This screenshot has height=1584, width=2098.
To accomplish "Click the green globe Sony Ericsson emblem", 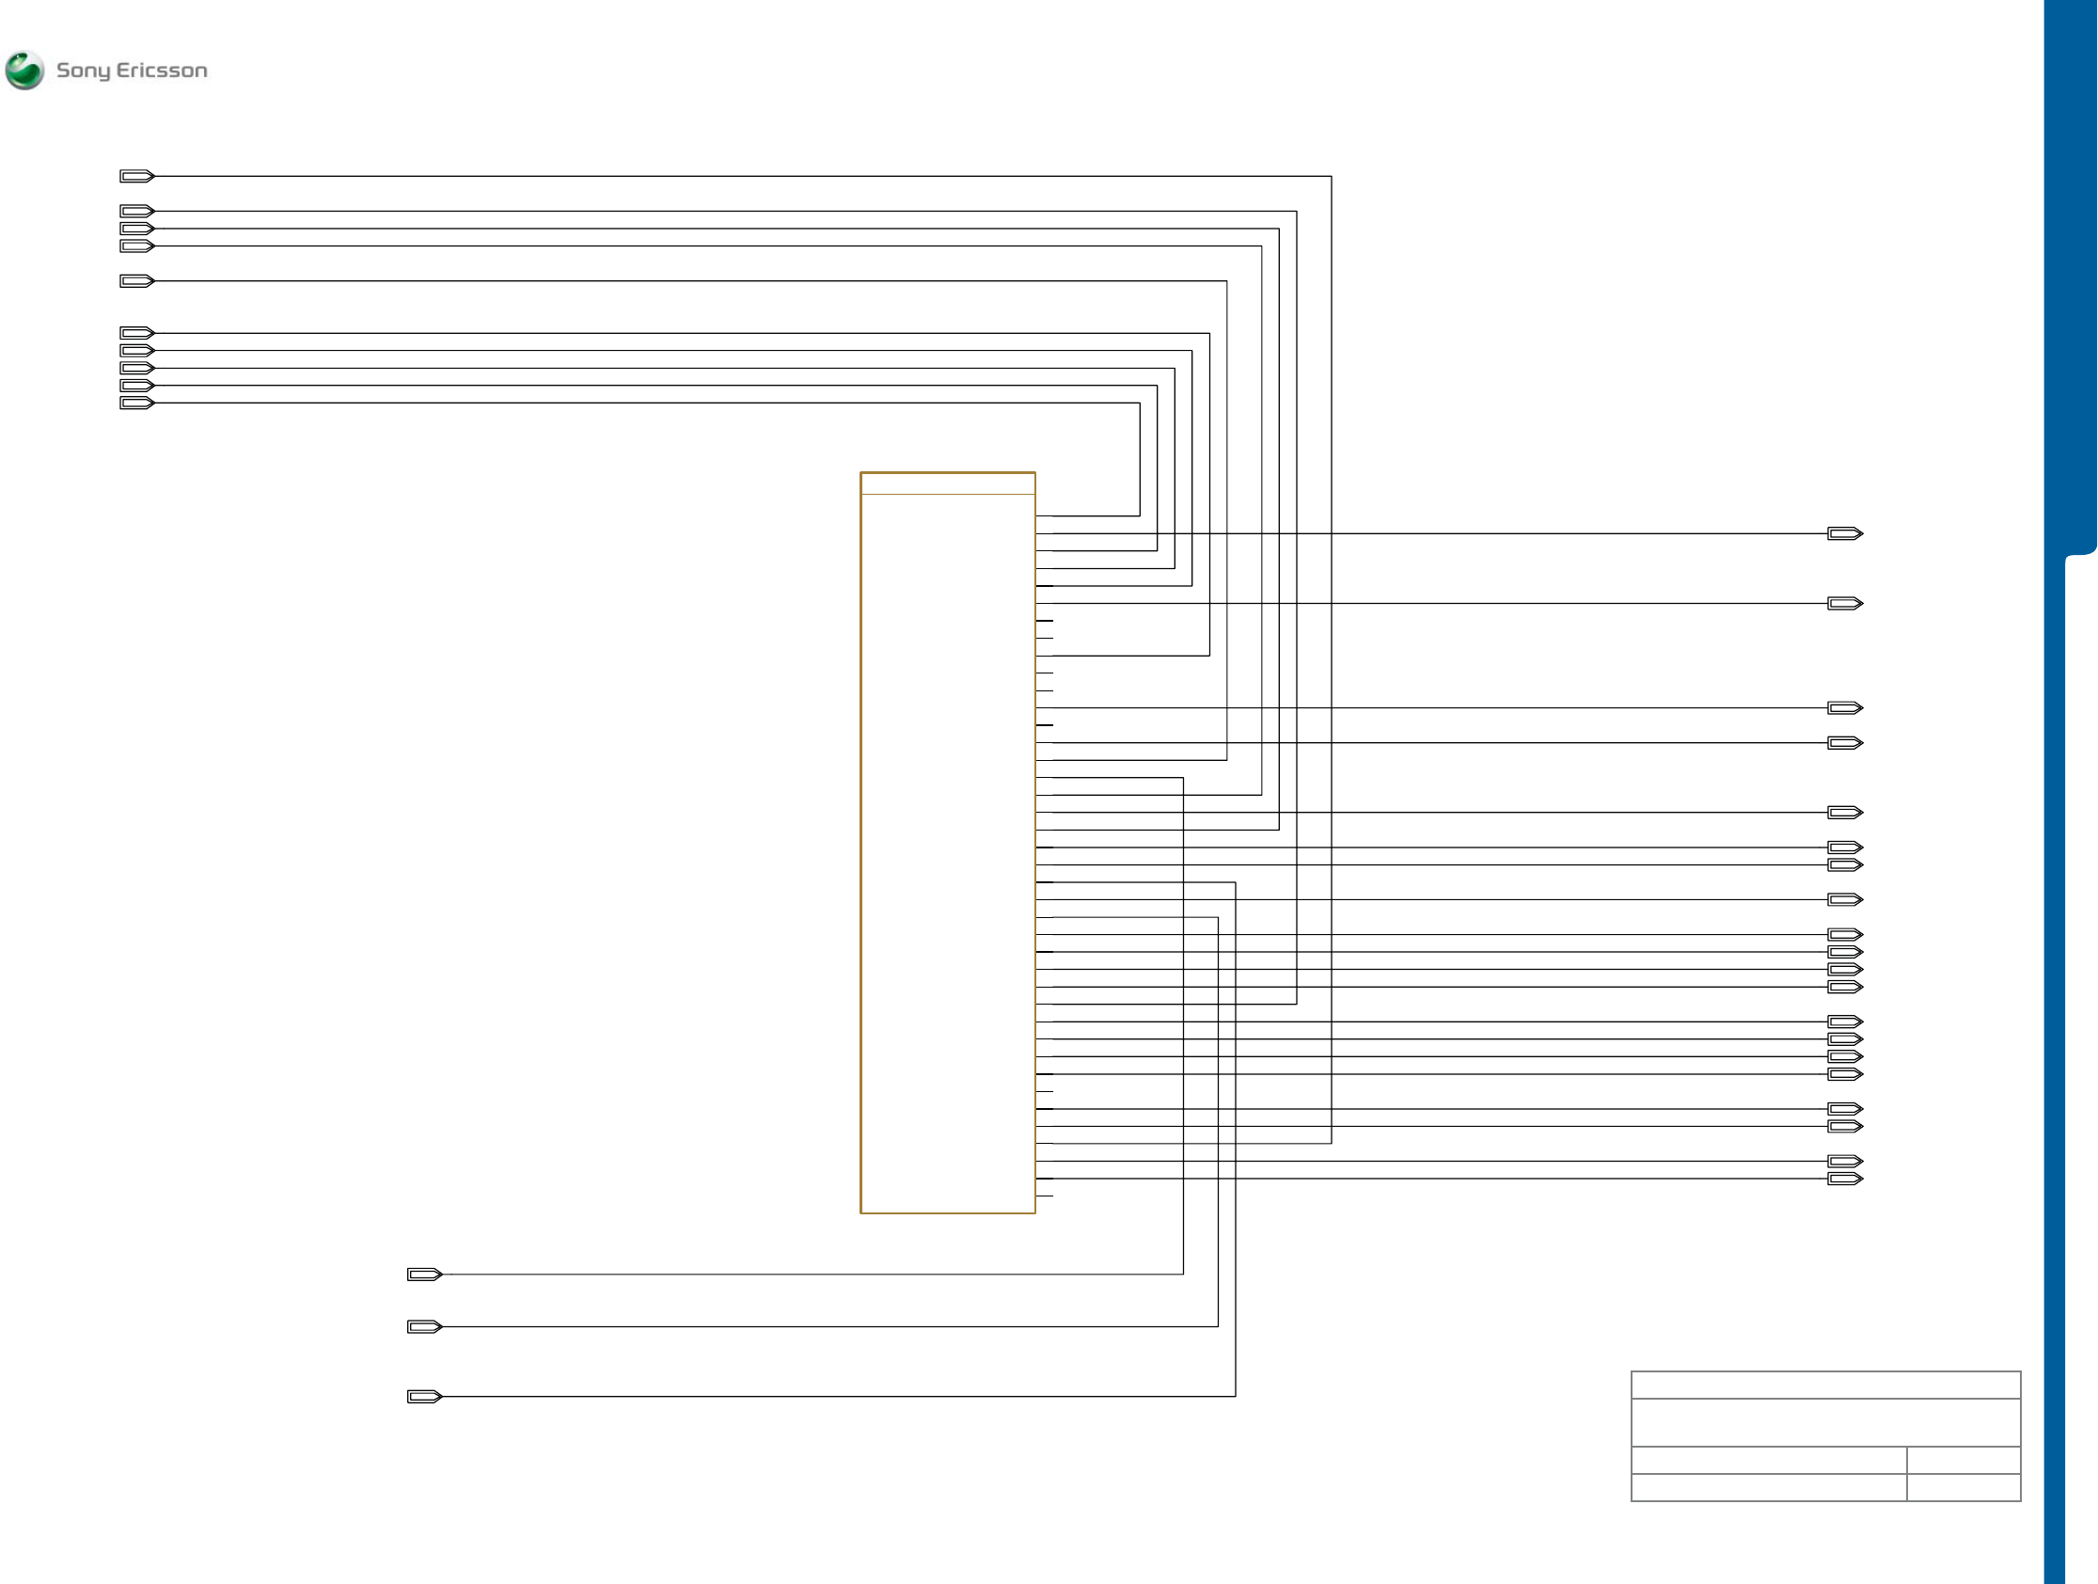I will pyautogui.click(x=24, y=71).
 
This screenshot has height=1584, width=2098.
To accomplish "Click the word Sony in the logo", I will pyautogui.click(x=84, y=71).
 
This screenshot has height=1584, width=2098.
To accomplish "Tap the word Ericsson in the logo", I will pyautogui.click(x=161, y=71).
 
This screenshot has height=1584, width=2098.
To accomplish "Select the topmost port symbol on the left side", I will pyautogui.click(x=136, y=177).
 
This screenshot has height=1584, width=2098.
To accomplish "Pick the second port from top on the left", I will pyautogui.click(x=136, y=211).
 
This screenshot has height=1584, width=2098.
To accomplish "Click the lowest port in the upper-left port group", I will pyautogui.click(x=136, y=404).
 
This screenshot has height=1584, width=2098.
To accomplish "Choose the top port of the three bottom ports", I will pyautogui.click(x=424, y=1275).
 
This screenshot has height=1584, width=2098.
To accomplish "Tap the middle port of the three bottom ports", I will pyautogui.click(x=424, y=1327).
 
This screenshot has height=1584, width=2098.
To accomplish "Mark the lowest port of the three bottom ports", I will pyautogui.click(x=424, y=1397).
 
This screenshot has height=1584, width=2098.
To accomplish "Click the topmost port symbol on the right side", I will pyautogui.click(x=1845, y=534).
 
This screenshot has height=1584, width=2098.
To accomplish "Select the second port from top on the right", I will pyautogui.click(x=1845, y=603).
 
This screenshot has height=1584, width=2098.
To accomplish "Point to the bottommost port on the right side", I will pyautogui.click(x=1845, y=1179).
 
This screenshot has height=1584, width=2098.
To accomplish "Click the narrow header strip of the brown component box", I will pyautogui.click(x=948, y=483).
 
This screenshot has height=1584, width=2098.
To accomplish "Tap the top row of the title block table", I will pyautogui.click(x=1826, y=1386).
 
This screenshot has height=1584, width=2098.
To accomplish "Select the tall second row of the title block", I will pyautogui.click(x=1826, y=1423).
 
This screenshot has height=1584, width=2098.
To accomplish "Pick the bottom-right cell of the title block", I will pyautogui.click(x=1964, y=1487).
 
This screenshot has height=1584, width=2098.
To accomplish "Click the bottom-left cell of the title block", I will pyautogui.click(x=1769, y=1487).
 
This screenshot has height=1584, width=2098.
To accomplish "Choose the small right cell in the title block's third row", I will pyautogui.click(x=1964, y=1460).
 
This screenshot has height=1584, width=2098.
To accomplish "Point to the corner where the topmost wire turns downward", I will pyautogui.click(x=1332, y=177).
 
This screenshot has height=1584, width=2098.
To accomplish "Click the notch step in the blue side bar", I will pyautogui.click(x=2079, y=554).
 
